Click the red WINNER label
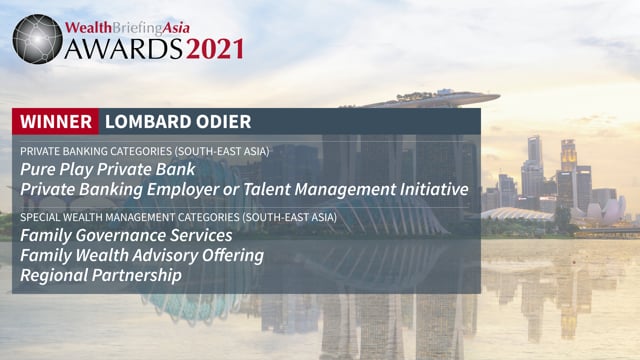tap(55, 122)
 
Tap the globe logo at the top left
tap(38, 38)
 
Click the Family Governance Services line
tap(126, 236)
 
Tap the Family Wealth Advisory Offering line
tap(142, 255)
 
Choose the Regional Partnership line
tap(101, 274)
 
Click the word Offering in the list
tap(232, 255)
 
